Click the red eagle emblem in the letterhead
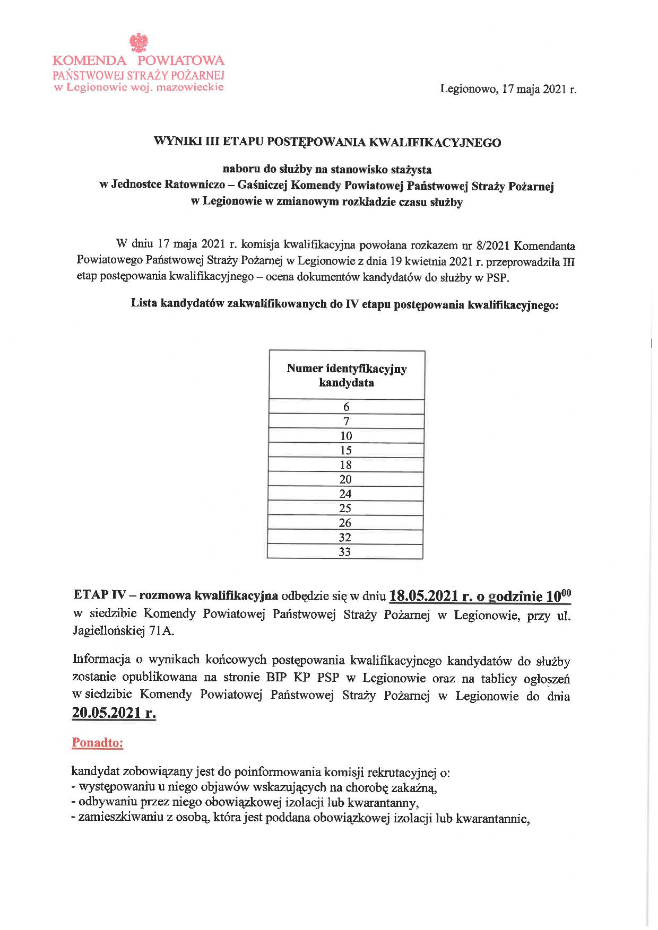(140, 42)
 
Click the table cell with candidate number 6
(347, 407)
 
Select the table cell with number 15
(346, 451)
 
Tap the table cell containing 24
(345, 494)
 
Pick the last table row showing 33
(345, 552)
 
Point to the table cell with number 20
(345, 480)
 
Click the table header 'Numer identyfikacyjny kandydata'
(347, 375)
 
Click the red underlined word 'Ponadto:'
(98, 743)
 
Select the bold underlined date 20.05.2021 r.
(114, 713)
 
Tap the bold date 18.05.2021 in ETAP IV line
(423, 596)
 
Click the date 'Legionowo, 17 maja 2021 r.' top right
(508, 89)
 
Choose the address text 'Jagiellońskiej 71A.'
(123, 631)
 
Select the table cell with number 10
(346, 436)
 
